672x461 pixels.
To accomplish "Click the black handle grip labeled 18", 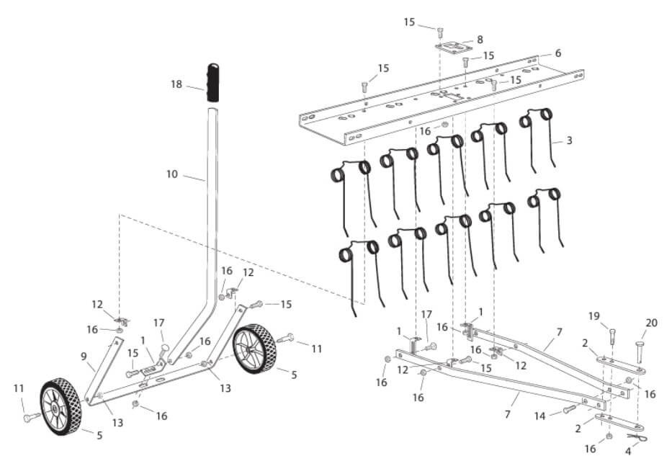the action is tap(213, 83).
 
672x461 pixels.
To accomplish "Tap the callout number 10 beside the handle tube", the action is tap(172, 174).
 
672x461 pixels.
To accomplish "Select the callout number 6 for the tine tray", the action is tap(558, 53).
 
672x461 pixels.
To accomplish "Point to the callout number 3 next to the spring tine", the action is tap(569, 140).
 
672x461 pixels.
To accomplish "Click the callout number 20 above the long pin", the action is tap(651, 323).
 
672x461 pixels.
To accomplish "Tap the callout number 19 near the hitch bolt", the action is tap(594, 316).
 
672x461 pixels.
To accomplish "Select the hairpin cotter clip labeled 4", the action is tap(637, 437).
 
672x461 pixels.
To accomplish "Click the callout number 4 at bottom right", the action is tap(628, 451).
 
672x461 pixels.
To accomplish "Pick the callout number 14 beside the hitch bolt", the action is tap(540, 416).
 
